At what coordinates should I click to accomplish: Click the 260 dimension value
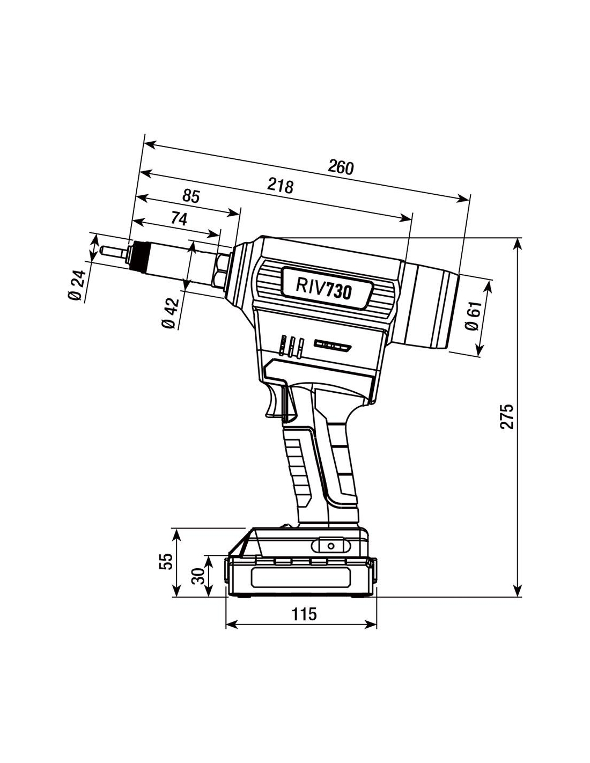pyautogui.click(x=341, y=168)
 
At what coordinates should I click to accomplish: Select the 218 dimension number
pyautogui.click(x=281, y=186)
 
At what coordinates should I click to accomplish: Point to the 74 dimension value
pyautogui.click(x=179, y=218)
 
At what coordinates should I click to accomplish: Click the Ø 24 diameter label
pyautogui.click(x=78, y=285)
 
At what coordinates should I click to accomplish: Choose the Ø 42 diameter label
pyautogui.click(x=169, y=314)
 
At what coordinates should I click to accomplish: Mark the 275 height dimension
pyautogui.click(x=507, y=416)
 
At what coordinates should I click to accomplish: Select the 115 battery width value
pyautogui.click(x=304, y=614)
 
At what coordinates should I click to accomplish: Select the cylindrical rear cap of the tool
pyautogui.click(x=432, y=308)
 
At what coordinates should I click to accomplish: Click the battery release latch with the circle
pyautogui.click(x=330, y=546)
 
